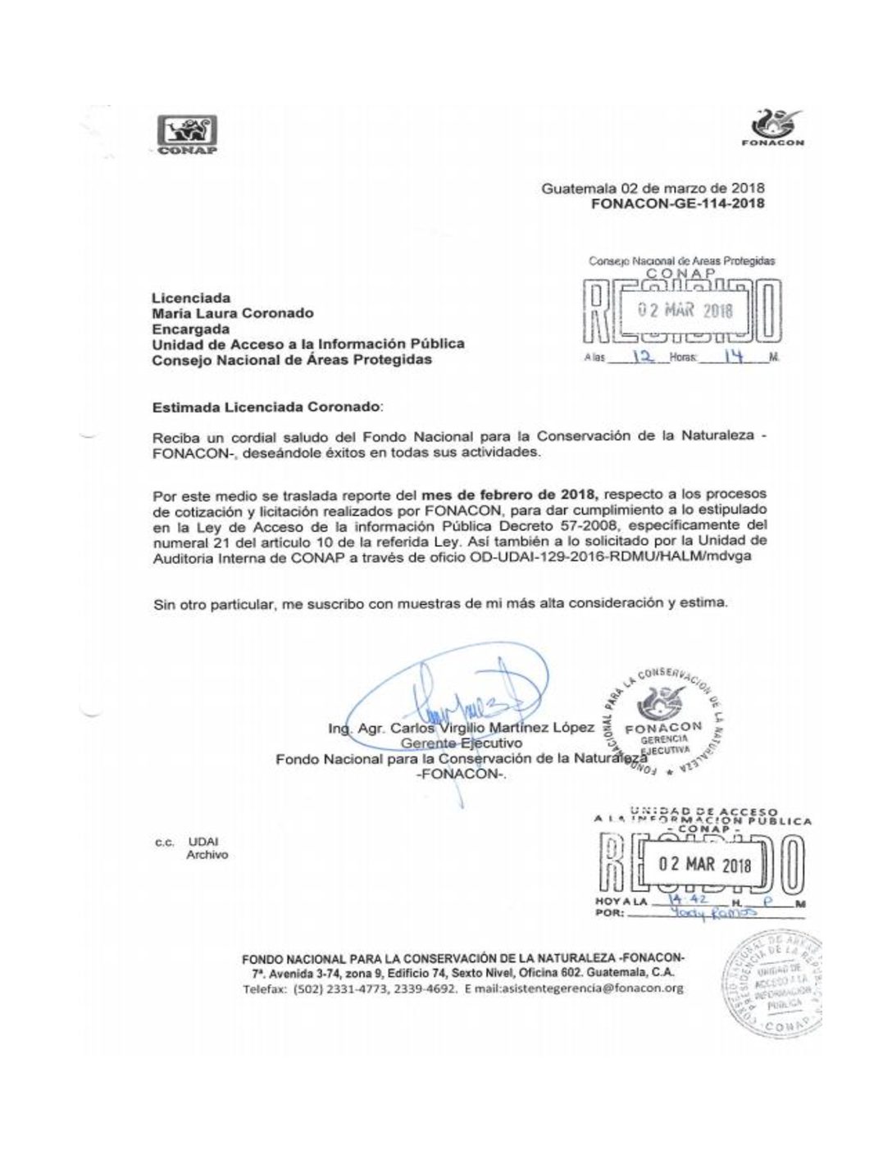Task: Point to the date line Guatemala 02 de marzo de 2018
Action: point(653,188)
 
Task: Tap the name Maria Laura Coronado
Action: point(233,312)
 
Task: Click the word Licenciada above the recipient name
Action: point(191,298)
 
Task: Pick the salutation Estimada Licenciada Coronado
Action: point(266,406)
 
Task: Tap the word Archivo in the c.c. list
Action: point(207,855)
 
